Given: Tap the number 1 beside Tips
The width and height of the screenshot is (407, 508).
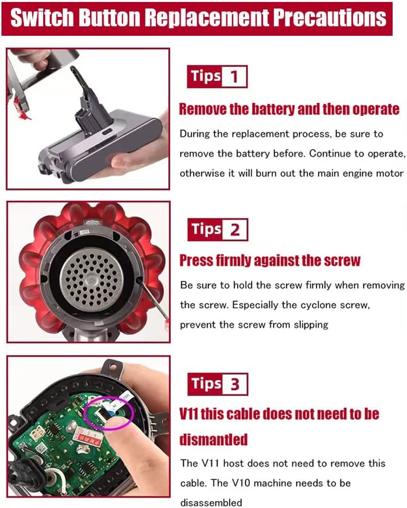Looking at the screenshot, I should [x=234, y=77].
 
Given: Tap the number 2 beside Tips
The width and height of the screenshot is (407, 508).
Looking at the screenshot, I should [x=235, y=230].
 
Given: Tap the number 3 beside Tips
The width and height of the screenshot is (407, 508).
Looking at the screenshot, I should [x=235, y=384].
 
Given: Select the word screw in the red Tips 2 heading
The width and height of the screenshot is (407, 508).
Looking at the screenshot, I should [x=340, y=260].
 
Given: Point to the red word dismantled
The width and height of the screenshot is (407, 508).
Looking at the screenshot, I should [x=213, y=439].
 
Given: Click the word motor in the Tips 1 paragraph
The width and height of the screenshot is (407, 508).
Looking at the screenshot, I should [x=392, y=173].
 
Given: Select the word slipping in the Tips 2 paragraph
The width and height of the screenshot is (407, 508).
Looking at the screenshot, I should [x=308, y=325].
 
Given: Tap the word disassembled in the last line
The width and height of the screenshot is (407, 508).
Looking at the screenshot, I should [x=211, y=502].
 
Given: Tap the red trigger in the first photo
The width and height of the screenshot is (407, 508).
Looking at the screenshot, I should [x=19, y=107].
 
